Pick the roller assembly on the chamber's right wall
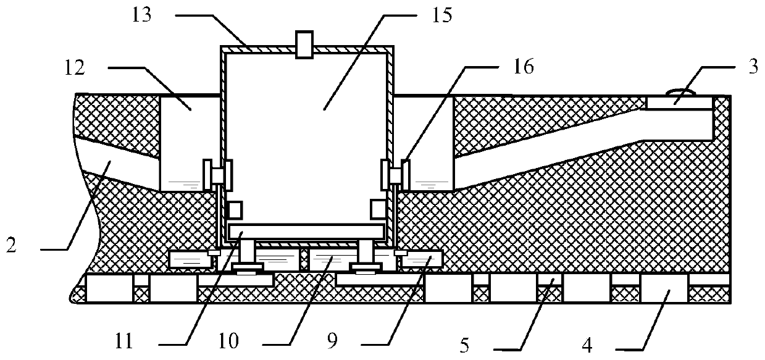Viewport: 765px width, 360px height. coord(395,174)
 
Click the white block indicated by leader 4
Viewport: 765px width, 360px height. coord(664,288)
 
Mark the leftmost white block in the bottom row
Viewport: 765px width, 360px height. coord(109,288)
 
